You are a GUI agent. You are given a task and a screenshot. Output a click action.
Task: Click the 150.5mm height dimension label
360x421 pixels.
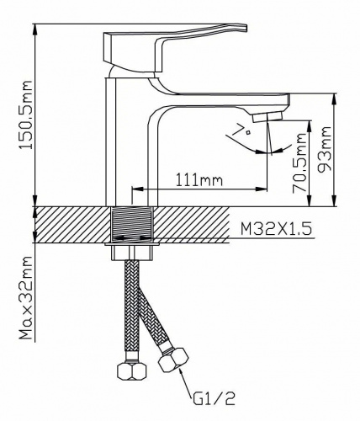(x=25, y=115)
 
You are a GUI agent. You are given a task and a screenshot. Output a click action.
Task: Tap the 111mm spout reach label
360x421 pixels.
(x=199, y=180)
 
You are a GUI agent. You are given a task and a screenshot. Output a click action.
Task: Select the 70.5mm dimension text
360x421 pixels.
(x=299, y=163)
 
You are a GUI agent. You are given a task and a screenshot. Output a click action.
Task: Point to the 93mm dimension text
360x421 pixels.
(x=326, y=148)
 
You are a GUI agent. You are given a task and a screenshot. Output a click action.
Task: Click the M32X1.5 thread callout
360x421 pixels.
(x=276, y=230)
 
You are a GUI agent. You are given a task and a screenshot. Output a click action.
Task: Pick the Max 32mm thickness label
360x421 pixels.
(x=26, y=298)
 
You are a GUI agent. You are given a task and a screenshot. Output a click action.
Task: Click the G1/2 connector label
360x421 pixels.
(x=214, y=397)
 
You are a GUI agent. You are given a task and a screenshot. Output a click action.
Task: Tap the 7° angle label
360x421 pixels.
(x=243, y=130)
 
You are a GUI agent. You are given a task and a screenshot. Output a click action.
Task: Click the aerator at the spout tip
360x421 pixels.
(x=267, y=116)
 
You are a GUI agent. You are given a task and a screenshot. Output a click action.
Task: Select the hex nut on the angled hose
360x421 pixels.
(x=173, y=360)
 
